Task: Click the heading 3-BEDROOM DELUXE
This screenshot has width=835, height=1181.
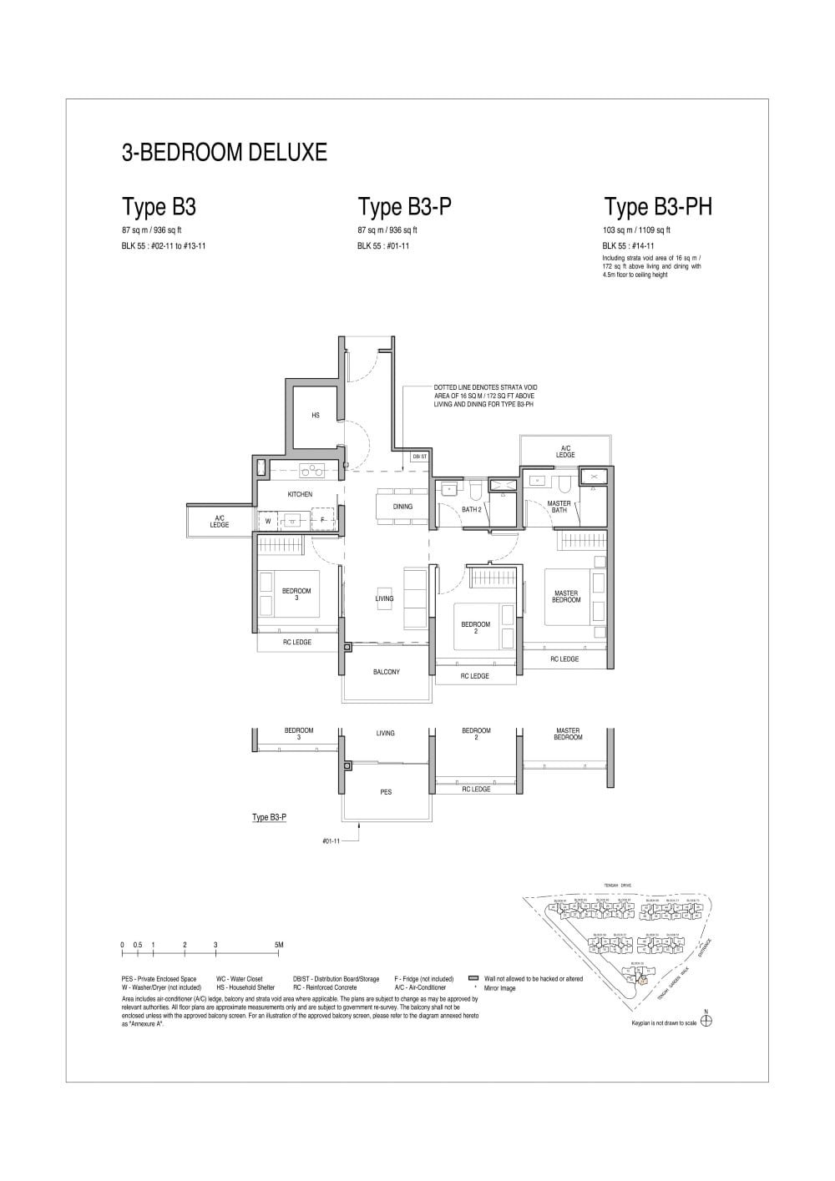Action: [x=225, y=153]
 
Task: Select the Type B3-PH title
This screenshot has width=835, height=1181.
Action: [x=658, y=207]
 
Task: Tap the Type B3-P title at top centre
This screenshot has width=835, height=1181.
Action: [x=405, y=207]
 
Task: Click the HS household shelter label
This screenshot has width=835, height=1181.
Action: [x=316, y=415]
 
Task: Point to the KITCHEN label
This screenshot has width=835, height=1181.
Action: [x=300, y=495]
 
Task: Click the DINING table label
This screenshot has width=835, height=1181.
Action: [x=402, y=507]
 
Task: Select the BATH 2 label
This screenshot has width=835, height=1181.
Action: [x=472, y=509]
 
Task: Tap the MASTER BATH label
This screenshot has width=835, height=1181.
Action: [x=559, y=507]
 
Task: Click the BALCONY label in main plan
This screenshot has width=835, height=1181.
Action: [x=386, y=672]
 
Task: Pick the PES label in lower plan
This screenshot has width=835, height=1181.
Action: [x=386, y=792]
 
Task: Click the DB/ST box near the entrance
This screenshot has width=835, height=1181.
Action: [x=419, y=457]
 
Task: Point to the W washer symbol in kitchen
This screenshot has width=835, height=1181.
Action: [x=268, y=521]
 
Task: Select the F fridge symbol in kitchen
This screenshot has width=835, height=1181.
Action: [x=323, y=521]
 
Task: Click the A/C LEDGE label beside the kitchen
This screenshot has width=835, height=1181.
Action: [x=220, y=521]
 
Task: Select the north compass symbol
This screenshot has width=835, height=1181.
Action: [x=706, y=1021]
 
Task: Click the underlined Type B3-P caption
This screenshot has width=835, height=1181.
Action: [x=270, y=818]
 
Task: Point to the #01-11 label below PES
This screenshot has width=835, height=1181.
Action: [x=331, y=840]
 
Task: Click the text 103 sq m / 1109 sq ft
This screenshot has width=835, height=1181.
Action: [x=636, y=230]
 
